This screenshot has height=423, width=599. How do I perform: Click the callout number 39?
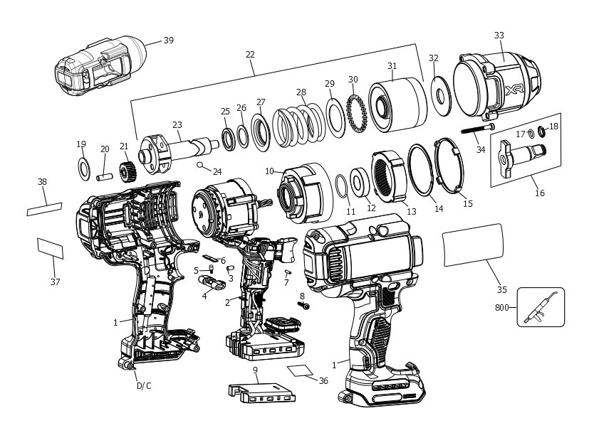pyautogui.click(x=168, y=41)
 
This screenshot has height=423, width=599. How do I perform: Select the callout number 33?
pyautogui.click(x=499, y=36)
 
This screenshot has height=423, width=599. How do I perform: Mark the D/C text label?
pyautogui.click(x=144, y=386)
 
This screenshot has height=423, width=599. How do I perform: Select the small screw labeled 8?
pyautogui.click(x=305, y=306)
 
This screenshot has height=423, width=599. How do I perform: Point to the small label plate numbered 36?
pyautogui.click(x=301, y=370)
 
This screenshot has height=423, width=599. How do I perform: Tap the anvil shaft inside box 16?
pyautogui.click(x=526, y=151)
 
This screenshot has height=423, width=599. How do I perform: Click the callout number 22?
pyautogui.click(x=250, y=54)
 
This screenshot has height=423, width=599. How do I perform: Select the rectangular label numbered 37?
pyautogui.click(x=50, y=247)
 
